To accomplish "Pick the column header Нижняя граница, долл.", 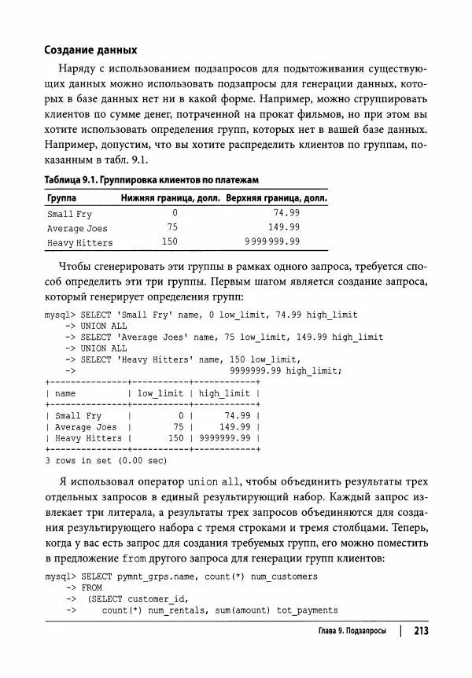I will click(x=170, y=198).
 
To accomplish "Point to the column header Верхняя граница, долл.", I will click(x=276, y=198).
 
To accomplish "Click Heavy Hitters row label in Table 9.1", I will click(x=79, y=242).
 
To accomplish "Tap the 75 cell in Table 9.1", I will click(x=172, y=227).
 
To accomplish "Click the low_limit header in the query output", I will click(x=160, y=393).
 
